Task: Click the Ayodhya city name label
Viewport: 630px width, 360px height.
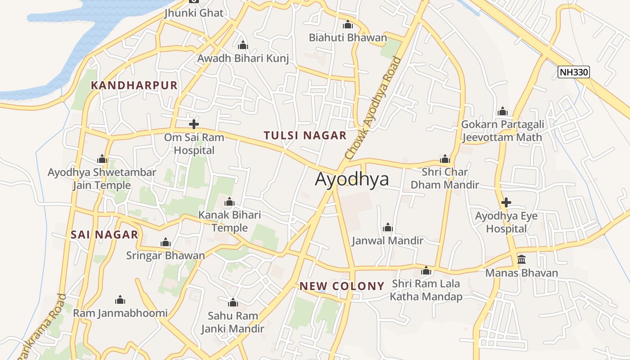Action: point(352,179)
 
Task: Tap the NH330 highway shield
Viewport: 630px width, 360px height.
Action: point(574,72)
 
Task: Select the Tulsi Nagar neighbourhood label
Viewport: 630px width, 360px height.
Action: point(305,135)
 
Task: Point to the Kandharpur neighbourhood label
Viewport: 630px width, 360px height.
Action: point(134,85)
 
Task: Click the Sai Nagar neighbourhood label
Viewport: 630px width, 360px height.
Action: point(104,234)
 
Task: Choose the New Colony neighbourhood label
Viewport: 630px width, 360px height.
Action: point(342,286)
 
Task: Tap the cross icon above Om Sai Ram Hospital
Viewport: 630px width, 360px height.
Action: point(194,124)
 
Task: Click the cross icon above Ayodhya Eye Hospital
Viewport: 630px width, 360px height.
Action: point(506,202)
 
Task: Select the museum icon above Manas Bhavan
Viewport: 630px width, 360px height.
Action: point(522,259)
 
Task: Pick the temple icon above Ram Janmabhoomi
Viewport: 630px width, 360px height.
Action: point(120,300)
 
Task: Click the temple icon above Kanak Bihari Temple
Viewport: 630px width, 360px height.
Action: point(229,202)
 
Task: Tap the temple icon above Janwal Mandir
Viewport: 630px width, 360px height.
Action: point(387,227)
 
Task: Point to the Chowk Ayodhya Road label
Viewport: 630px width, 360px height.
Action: point(372,108)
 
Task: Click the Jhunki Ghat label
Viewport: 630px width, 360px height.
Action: point(194,13)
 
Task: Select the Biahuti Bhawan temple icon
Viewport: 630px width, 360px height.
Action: point(348,24)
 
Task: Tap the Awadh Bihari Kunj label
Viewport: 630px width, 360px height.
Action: point(243,58)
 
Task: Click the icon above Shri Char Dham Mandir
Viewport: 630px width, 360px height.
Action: point(445,159)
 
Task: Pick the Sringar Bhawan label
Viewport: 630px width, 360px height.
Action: point(166,256)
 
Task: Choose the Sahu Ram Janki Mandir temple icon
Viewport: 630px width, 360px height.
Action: point(233,302)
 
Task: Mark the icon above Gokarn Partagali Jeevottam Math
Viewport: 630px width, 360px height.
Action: point(503,111)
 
